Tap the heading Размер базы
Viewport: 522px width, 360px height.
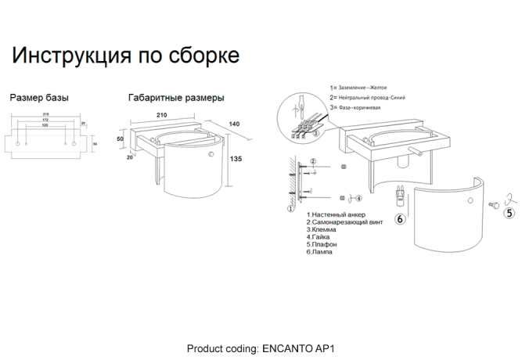[x=39, y=99]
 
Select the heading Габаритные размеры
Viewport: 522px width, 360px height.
[x=176, y=99]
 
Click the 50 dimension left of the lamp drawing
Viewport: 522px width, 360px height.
[x=121, y=139]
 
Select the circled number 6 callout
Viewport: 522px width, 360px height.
[x=400, y=219]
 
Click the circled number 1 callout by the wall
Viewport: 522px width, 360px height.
[x=290, y=208]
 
